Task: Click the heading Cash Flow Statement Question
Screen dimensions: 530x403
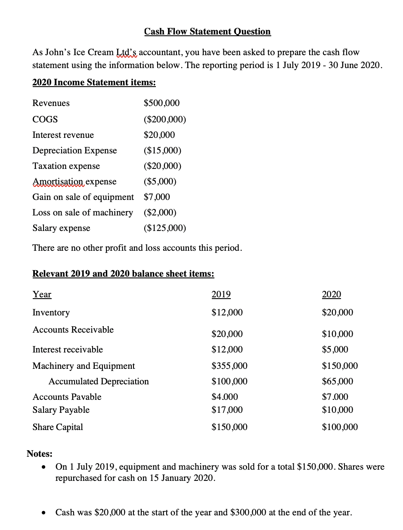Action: [x=207, y=31]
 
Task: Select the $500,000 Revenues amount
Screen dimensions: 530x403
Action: [x=161, y=103]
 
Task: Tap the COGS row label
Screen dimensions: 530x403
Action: [x=45, y=119]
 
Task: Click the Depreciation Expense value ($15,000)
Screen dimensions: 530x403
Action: [x=162, y=150]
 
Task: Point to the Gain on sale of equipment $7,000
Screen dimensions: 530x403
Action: [x=157, y=197]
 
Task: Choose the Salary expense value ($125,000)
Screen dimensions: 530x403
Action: [x=165, y=228]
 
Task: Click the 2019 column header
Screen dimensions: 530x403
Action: [x=221, y=294]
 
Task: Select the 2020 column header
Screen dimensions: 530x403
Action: [x=331, y=294]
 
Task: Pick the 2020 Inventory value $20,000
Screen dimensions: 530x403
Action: [x=337, y=312]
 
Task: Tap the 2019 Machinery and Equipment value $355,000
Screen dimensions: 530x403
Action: [x=229, y=366]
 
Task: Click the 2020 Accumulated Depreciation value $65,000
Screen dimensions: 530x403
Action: [x=337, y=381]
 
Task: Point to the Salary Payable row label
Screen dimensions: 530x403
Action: [x=61, y=410]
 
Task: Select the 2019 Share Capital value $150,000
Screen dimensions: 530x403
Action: [x=229, y=427]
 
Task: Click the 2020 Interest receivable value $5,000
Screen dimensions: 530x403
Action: [x=335, y=349]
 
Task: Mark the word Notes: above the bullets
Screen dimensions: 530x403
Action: [x=40, y=453]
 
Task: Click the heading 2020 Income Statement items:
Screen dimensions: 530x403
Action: [x=94, y=82]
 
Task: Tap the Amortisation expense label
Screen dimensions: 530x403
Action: [x=74, y=181]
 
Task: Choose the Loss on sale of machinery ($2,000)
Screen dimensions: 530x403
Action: [x=160, y=212]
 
